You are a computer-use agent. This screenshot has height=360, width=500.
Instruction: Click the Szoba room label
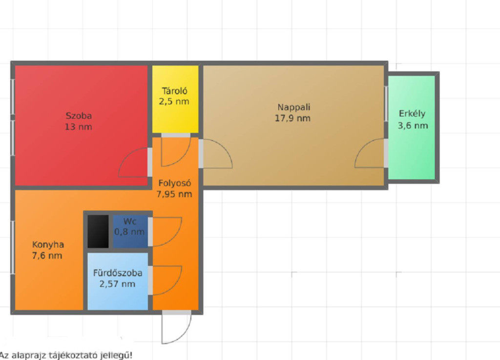pos(79,116)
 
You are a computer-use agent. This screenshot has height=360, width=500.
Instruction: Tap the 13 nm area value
pos(79,127)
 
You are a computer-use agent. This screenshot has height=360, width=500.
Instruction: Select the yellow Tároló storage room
pos(175,99)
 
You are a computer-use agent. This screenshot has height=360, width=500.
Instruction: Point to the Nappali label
pos(293,107)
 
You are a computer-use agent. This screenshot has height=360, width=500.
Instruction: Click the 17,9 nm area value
pos(293,118)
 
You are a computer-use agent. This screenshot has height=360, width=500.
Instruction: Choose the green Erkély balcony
pos(412,127)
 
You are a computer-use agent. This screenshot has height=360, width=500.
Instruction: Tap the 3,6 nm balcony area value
pos(413,125)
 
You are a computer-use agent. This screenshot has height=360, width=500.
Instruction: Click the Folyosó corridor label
pos(175,183)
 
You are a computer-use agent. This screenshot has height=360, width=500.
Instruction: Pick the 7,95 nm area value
pos(174,194)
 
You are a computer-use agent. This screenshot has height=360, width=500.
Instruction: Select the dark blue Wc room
pos(130,231)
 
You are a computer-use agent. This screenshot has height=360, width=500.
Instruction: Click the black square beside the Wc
pos(98,231)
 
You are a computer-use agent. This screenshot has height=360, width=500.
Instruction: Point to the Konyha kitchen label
pos(48,245)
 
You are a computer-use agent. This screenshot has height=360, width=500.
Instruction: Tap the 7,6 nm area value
pos(47,256)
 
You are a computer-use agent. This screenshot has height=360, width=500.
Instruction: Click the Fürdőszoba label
pos(118,273)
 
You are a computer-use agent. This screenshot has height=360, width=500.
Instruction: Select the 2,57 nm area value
pos(117,284)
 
